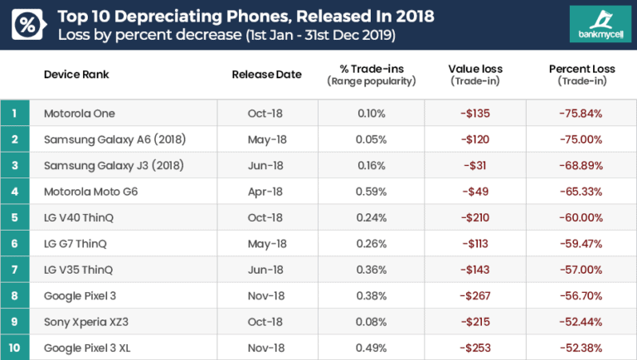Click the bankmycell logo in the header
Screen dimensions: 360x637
click(594, 25)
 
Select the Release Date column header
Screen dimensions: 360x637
click(266, 75)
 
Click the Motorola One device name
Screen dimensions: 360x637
click(80, 114)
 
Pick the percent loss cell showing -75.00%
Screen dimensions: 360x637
click(579, 139)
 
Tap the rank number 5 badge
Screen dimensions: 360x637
click(15, 217)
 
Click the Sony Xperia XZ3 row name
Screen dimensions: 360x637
click(89, 321)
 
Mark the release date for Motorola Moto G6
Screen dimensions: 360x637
click(265, 192)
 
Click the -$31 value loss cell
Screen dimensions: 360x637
click(476, 165)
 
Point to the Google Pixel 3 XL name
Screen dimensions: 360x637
click(89, 347)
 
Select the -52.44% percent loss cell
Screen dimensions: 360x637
click(579, 321)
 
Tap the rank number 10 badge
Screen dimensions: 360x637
click(15, 347)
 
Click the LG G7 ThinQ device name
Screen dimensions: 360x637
click(75, 244)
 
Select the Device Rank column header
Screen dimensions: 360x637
click(76, 75)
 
